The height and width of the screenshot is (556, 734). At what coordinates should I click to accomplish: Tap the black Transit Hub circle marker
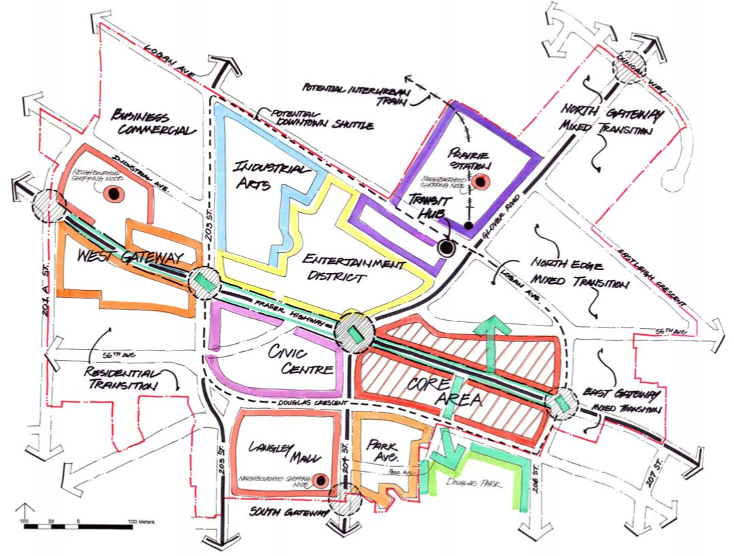(x=446, y=248)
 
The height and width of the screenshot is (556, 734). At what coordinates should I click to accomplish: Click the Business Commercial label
(x=151, y=122)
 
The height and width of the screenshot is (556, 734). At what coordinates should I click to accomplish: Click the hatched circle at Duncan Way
(x=630, y=65)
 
